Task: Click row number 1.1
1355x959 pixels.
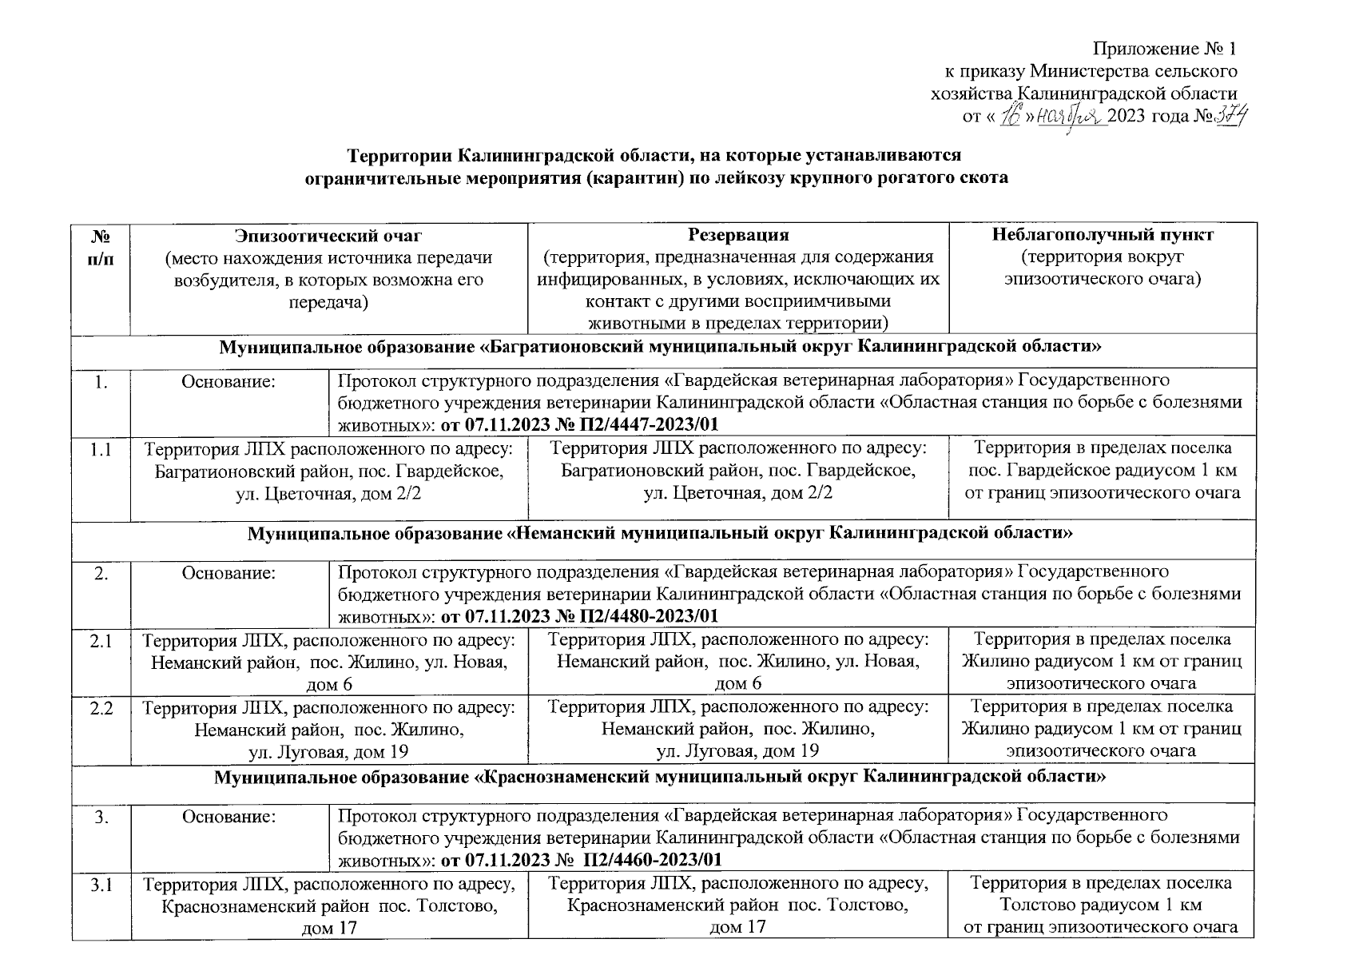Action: pos(101,450)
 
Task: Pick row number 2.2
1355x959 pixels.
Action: pos(101,708)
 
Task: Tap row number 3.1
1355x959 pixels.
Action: pos(101,885)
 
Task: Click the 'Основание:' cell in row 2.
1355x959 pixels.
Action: pos(228,573)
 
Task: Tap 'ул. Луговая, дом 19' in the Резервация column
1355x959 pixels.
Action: pos(737,751)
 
